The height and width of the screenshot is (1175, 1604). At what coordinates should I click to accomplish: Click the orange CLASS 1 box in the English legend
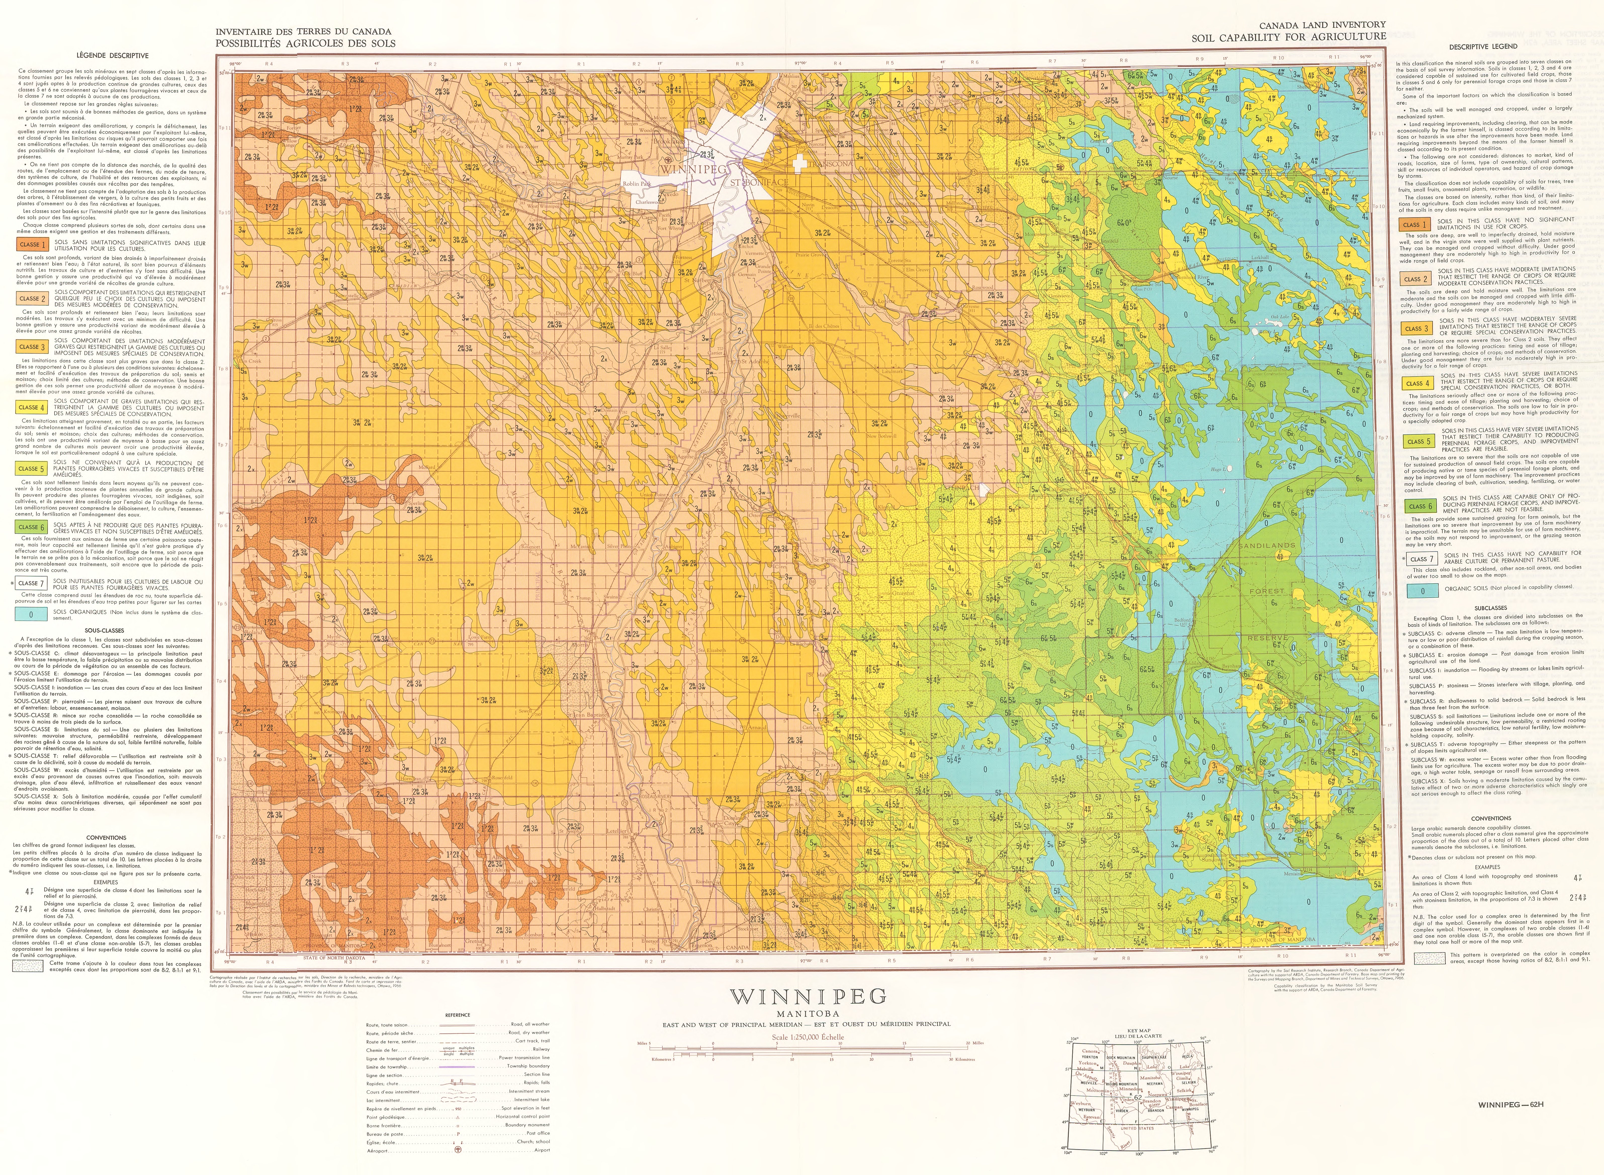[x=1411, y=225]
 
